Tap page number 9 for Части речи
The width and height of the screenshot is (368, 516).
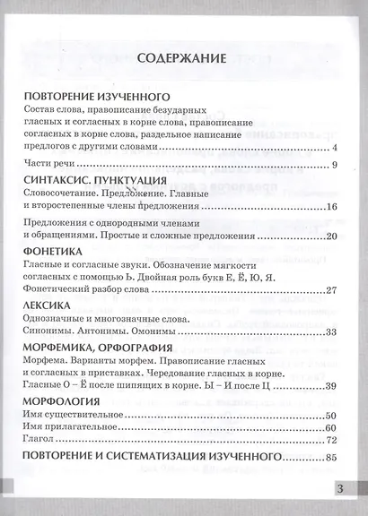tap(333, 166)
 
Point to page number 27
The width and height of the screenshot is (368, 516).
tap(329, 289)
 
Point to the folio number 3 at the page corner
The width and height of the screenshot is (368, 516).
tap(340, 488)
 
